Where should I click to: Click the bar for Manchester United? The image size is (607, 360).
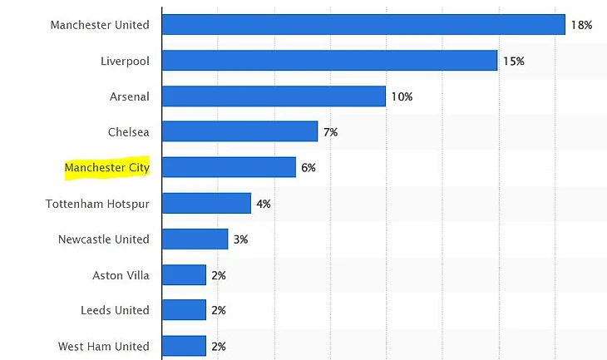tap(363, 25)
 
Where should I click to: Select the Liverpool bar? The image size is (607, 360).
tap(329, 61)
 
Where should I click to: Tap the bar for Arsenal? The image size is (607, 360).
tap(274, 96)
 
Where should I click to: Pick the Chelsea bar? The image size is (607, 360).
tap(239, 132)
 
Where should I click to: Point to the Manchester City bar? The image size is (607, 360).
tap(229, 168)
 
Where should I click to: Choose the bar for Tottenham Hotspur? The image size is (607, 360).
tap(206, 204)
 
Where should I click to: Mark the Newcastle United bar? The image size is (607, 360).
tap(195, 239)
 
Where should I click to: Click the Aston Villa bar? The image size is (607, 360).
tap(184, 275)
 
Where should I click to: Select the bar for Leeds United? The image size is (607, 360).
tap(184, 310)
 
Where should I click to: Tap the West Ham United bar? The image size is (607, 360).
tap(184, 346)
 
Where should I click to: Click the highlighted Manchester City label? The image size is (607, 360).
tap(107, 168)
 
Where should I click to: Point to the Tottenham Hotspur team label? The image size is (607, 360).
tap(97, 204)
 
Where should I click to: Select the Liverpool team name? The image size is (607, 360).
tap(125, 61)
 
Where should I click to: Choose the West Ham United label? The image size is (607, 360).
tap(104, 346)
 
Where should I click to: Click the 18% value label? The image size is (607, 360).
tap(580, 25)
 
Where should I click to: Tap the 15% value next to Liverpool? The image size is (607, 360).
tap(513, 61)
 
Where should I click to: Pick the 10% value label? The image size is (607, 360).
tap(402, 96)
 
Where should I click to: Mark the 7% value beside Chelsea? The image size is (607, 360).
tap(330, 132)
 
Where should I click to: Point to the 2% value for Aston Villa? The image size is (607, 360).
tap(219, 275)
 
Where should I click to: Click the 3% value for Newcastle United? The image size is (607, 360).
tap(240, 239)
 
